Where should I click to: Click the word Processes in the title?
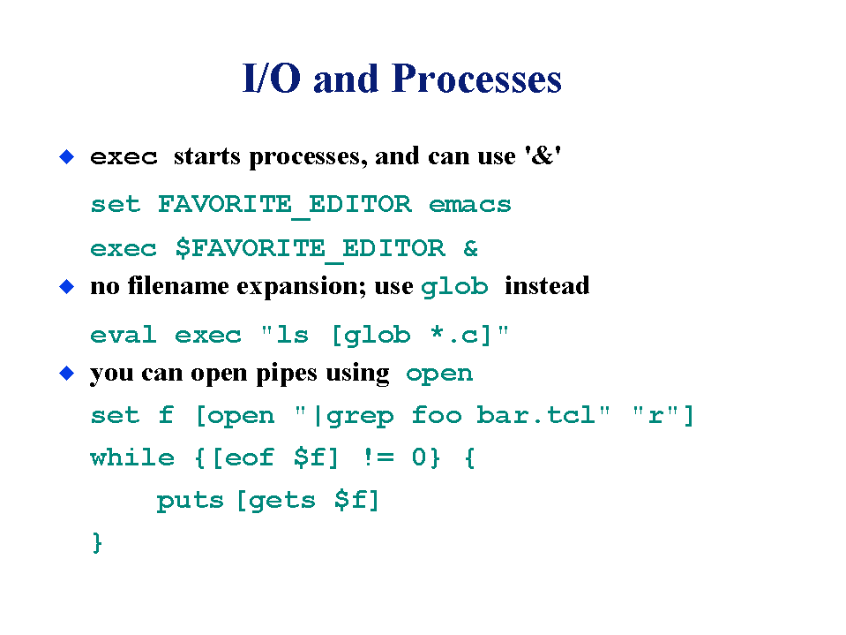pos(476,79)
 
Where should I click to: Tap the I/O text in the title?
pos(272,79)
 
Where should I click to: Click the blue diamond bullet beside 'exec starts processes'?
pos(66,157)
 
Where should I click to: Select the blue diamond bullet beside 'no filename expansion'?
pos(66,287)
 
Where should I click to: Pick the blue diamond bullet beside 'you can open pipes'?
pos(66,373)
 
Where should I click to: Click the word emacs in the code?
pos(470,205)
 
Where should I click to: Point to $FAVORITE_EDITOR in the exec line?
pos(311,249)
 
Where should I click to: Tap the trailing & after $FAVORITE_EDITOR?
pos(470,248)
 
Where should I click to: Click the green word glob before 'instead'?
pos(454,287)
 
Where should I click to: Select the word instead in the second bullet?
pos(547,285)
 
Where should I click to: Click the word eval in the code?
pos(124,335)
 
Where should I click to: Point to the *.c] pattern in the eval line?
pos(460,336)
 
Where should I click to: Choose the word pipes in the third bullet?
pos(287,374)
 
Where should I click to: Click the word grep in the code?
pos(360,416)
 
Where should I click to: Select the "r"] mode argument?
pos(663,416)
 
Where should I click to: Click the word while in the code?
pos(132,457)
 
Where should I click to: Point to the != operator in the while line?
pos(378,457)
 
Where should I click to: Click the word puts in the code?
pos(190,501)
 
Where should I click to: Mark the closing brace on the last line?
pos(97,542)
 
